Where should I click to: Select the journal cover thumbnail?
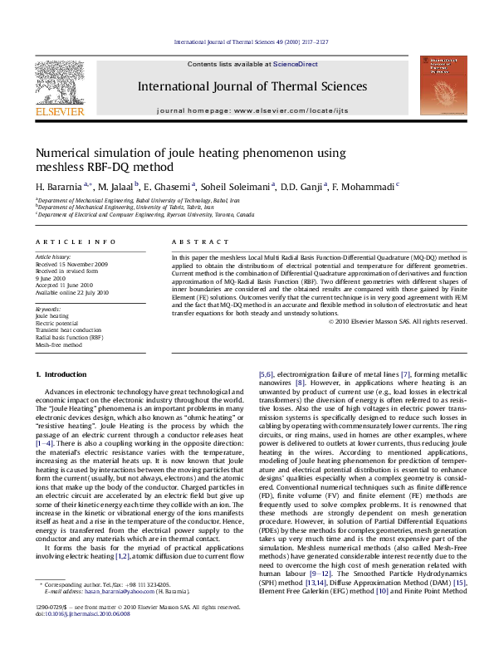pyautogui.click(x=438, y=85)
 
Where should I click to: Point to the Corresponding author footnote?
pyautogui.click(x=99, y=608)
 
